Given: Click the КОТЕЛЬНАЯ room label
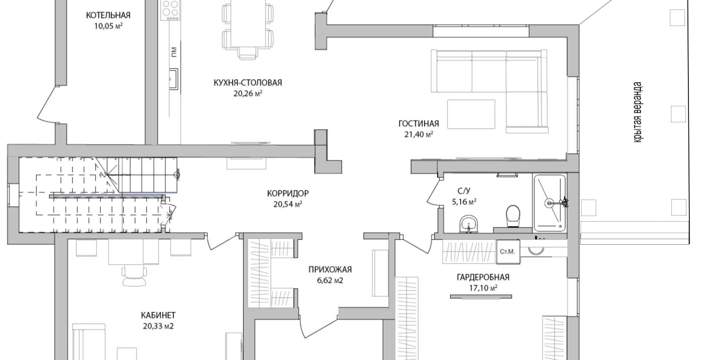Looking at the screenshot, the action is (108, 15).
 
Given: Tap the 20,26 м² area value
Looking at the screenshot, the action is (248, 94).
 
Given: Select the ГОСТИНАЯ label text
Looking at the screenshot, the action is (419, 123).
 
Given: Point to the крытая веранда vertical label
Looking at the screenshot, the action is (638, 112).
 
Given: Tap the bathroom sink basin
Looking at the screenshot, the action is (469, 224).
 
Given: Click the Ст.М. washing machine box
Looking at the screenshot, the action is (508, 252).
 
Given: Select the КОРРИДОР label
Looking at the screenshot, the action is (288, 194).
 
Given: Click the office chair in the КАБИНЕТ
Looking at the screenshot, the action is (134, 275).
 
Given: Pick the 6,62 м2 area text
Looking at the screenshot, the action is (330, 280).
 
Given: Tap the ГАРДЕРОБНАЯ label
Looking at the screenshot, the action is (483, 277).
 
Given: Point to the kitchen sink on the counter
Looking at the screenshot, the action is (173, 79).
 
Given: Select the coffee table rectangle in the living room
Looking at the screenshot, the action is (471, 114).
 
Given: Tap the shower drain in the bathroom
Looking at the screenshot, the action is (549, 203).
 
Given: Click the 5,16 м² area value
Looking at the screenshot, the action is (464, 202).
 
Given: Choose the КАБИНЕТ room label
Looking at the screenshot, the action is (158, 315).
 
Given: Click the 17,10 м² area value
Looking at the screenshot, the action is (483, 288).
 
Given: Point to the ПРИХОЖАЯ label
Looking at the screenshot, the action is (330, 269).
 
